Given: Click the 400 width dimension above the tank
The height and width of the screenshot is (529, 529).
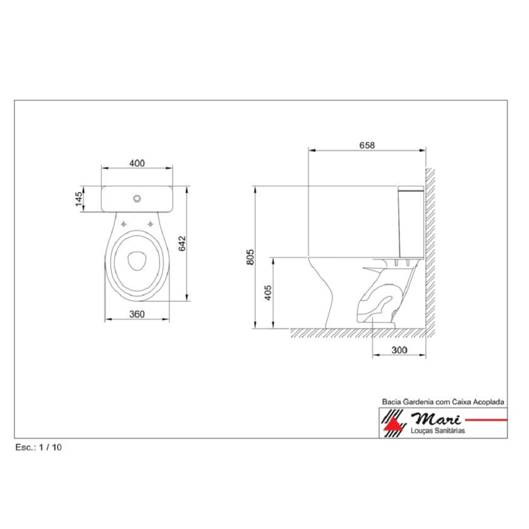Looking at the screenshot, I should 137,163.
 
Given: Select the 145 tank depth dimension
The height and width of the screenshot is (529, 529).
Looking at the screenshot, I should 78,198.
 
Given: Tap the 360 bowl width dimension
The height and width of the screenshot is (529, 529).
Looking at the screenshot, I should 137,314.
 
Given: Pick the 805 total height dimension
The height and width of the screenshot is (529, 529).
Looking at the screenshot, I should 250,258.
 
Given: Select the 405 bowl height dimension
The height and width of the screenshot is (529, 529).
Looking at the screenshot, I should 268,292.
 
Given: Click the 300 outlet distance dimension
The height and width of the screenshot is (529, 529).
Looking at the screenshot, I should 398,350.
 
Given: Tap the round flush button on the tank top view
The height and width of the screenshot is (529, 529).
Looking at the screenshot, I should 137,198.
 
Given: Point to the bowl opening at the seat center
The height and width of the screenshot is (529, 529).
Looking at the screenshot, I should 137,261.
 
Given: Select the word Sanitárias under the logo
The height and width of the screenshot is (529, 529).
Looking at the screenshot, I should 449,430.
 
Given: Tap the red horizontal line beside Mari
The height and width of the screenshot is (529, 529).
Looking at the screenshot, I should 486,419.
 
